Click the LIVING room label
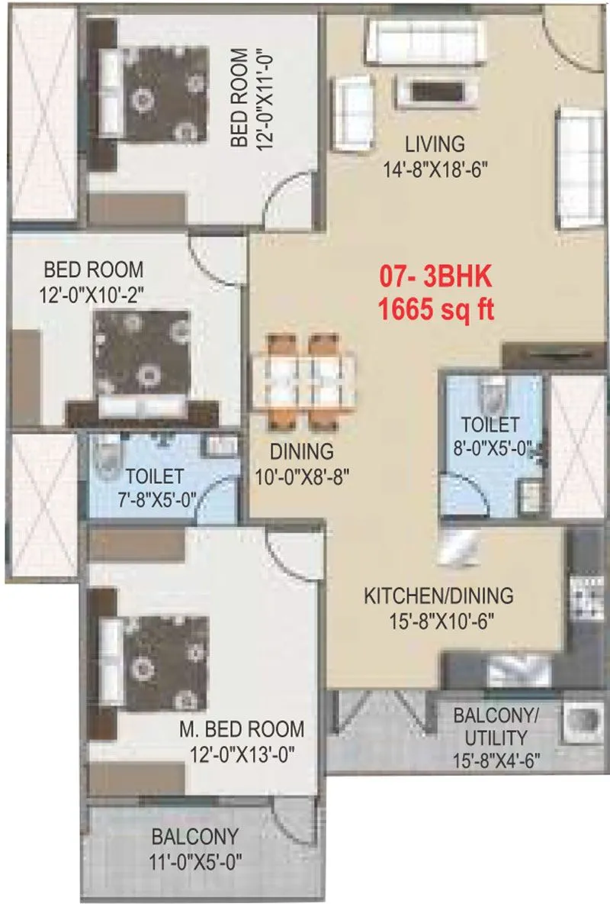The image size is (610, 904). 434,144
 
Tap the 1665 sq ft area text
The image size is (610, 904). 437,311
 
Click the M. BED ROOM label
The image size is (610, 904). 242,728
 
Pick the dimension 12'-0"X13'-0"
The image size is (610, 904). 242,754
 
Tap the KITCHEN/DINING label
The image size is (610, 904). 438,595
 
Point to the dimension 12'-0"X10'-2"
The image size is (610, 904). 93,295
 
